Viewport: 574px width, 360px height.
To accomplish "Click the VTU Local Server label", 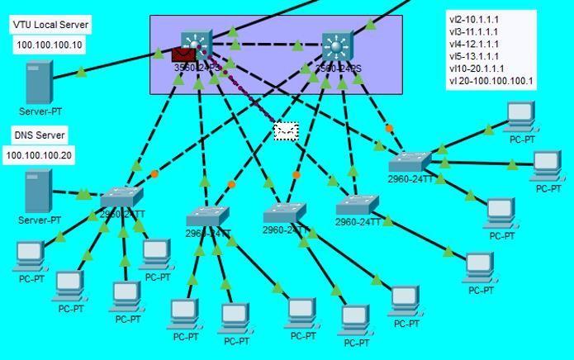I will point(50,26).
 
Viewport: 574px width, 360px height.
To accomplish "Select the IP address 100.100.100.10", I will point(50,45).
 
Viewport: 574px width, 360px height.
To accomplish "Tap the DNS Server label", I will point(39,135).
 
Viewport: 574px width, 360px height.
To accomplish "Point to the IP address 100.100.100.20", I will point(39,155).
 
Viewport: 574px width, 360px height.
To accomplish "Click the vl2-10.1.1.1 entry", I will point(474,19).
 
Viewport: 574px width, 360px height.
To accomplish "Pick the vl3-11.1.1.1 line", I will point(474,31).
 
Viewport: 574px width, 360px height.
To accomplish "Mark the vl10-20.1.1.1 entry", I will point(477,69).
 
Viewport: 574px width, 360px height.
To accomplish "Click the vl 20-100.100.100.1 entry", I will point(491,82).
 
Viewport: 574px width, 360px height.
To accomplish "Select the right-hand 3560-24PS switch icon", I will point(337,44).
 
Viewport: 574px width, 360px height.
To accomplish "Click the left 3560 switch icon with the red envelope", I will point(197,42).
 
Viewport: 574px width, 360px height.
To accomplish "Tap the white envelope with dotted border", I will point(286,130).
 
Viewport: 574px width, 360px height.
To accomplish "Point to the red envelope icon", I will point(183,54).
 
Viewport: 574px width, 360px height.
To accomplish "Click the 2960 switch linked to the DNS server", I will point(121,197).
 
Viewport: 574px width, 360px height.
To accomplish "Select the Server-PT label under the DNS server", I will point(40,220).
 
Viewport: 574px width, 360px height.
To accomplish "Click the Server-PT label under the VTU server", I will point(40,111).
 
